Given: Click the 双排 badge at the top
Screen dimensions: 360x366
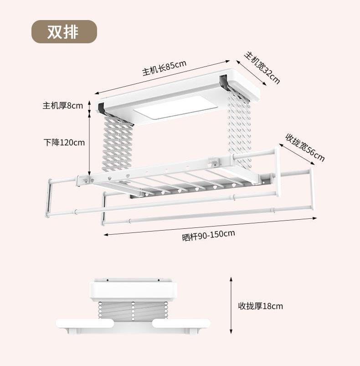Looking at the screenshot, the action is pos(64,32).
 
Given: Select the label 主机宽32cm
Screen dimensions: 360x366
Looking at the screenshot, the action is pos(262,67).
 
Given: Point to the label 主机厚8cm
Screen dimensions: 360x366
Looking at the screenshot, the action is pos(63,106).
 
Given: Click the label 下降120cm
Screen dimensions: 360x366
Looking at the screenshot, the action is pos(64,142).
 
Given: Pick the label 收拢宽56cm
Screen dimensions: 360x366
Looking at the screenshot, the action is pos(305,147).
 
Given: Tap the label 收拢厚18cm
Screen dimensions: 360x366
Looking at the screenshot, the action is pos(260,306).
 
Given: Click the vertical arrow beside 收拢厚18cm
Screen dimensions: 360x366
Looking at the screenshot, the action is pos(231,306).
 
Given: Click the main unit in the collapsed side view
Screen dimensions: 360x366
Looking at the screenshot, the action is pos(133,290).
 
